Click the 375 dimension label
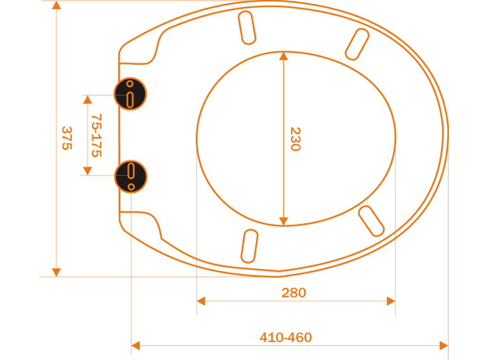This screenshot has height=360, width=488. click(67, 138)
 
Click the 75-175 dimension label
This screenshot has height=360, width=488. click(96, 135)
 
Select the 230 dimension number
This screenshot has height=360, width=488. click(295, 139)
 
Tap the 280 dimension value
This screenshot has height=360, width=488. click(293, 293)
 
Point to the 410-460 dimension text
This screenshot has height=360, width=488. click(285, 337)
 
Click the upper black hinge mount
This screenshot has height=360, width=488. click(131, 94)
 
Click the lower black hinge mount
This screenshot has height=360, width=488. click(131, 176)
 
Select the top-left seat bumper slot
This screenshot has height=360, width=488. click(247, 27)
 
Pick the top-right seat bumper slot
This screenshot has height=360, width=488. click(357, 44)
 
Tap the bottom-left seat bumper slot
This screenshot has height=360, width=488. click(249, 246)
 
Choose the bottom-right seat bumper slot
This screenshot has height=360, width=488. click(371, 221)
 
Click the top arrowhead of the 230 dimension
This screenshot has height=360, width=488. click(283, 56)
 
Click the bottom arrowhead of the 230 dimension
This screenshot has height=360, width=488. click(283, 221)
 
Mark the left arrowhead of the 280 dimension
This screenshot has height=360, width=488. click(201, 301)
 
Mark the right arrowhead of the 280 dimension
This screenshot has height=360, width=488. click(391, 301)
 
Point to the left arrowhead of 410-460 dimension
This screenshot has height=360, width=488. click(135, 345)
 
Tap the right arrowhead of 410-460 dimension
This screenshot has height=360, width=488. click(443, 345)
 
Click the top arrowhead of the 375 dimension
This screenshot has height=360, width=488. click(56, 5)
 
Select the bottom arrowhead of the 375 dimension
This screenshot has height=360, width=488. click(56, 272)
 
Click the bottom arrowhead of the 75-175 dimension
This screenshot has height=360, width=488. click(88, 171)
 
